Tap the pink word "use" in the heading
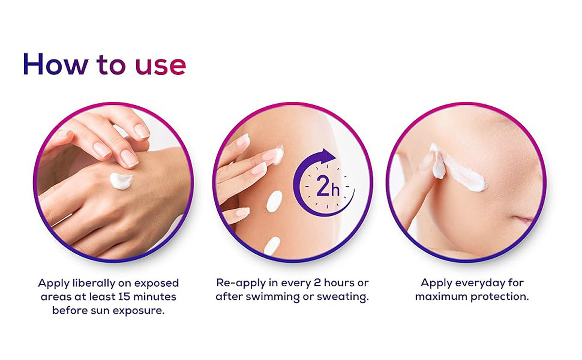[161, 66]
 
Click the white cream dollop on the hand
[121, 180]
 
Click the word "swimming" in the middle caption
[273, 297]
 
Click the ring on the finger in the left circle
[62, 220]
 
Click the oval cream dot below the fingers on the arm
[275, 201]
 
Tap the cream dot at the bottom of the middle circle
[272, 246]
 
